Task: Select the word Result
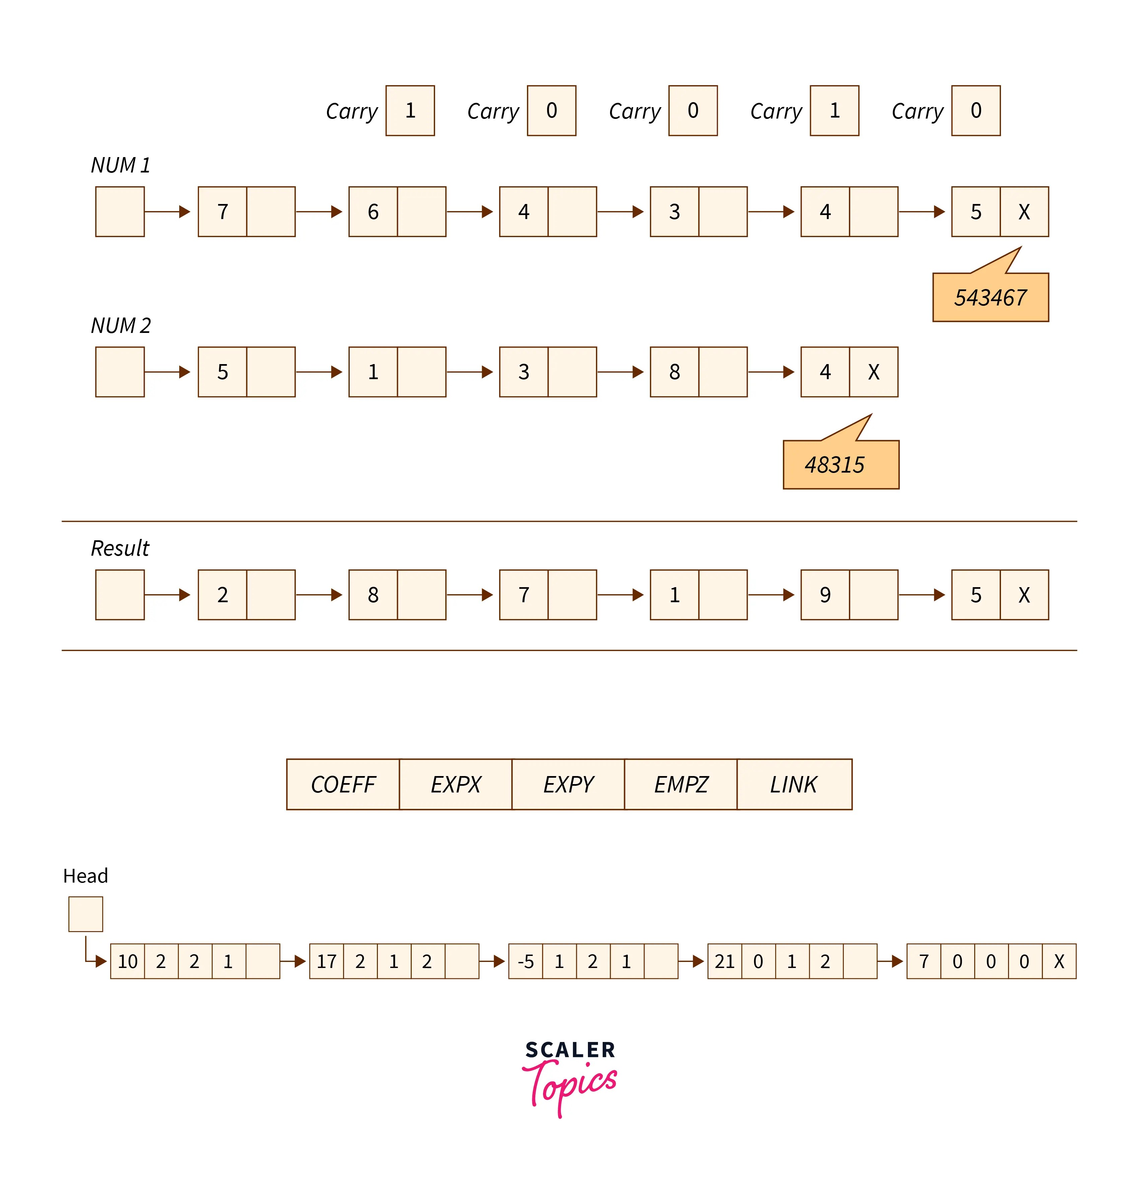[x=120, y=548]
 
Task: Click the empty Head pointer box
[x=86, y=914]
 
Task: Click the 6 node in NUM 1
[x=373, y=212]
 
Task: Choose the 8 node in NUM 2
[x=674, y=372]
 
